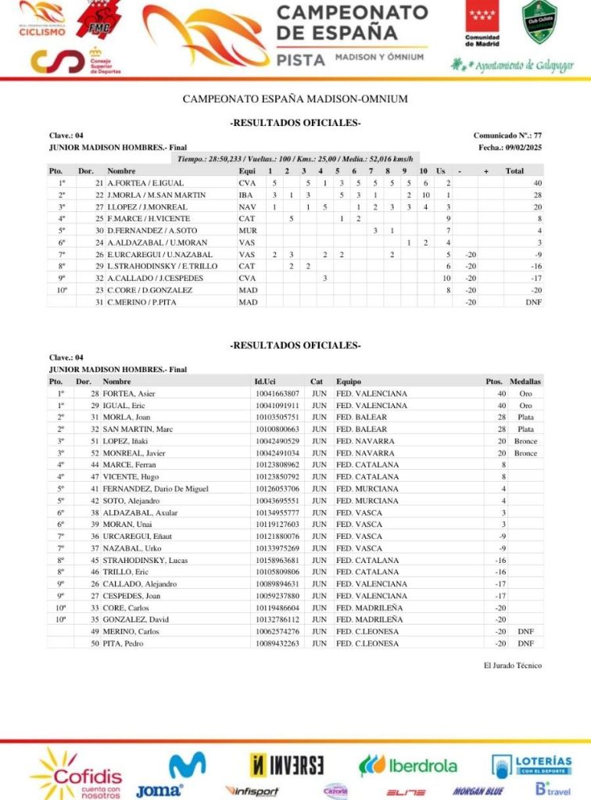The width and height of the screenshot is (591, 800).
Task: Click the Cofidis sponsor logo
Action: click(x=76, y=774)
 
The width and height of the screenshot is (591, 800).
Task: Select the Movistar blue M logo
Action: click(x=188, y=765)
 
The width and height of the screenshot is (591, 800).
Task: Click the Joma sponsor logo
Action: click(x=159, y=791)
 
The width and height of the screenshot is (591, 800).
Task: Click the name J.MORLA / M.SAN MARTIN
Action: click(x=156, y=195)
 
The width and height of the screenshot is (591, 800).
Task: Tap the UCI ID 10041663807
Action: click(x=277, y=393)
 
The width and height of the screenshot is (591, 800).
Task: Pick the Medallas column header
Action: click(x=525, y=381)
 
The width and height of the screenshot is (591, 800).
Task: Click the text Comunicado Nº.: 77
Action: click(x=507, y=135)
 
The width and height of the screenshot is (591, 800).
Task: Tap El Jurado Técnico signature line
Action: click(x=513, y=665)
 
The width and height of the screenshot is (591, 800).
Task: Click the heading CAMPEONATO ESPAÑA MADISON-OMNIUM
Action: click(x=295, y=99)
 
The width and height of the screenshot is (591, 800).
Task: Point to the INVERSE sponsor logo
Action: click(x=287, y=764)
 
